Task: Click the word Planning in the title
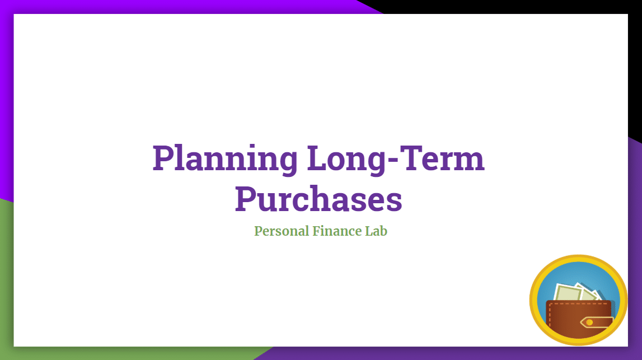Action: click(x=225, y=160)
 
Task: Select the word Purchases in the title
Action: click(x=318, y=199)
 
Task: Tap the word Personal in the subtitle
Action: click(x=282, y=231)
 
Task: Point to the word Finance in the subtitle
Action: click(x=338, y=231)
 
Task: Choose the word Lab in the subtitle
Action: click(x=376, y=231)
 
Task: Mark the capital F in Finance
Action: click(x=317, y=231)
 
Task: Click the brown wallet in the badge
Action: click(x=580, y=319)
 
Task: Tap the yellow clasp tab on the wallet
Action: click(x=597, y=322)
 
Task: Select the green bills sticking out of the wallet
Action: click(x=577, y=293)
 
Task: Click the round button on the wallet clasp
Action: click(x=589, y=322)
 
